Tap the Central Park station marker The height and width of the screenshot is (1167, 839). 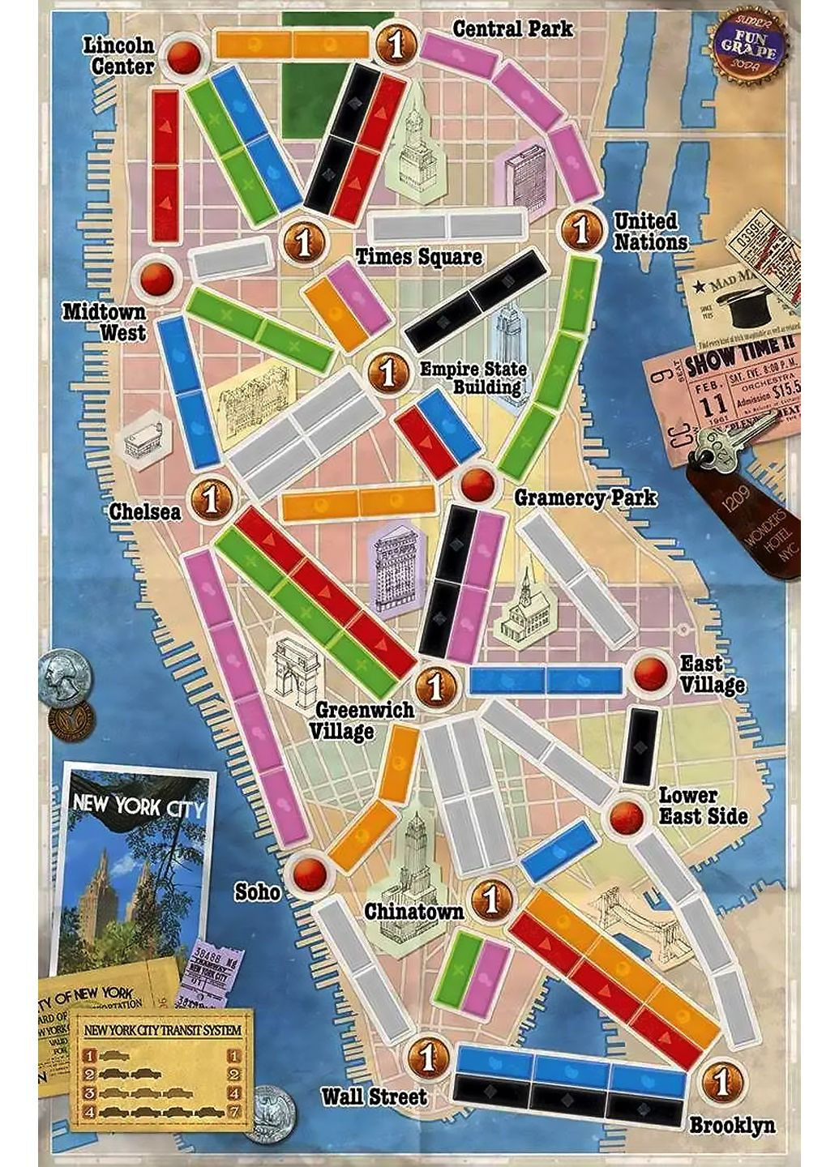[396, 45]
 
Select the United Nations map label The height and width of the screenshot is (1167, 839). [649, 232]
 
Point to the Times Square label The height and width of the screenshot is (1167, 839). [419, 257]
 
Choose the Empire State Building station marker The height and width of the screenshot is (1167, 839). [389, 372]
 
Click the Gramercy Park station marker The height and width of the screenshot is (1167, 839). [477, 484]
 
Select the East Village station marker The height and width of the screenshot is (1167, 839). [652, 673]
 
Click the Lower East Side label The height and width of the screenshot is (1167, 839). [702, 806]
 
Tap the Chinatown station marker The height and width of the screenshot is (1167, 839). [490, 898]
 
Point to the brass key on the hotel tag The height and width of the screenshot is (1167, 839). [721, 448]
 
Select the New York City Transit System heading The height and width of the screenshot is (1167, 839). [163, 1030]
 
